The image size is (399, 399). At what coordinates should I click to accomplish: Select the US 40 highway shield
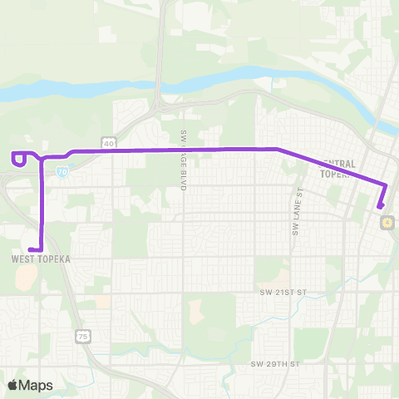(109, 143)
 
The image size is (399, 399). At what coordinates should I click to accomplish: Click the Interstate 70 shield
(63, 170)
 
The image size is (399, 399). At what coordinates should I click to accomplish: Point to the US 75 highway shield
(81, 312)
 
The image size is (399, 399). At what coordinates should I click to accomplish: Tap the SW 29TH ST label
(273, 364)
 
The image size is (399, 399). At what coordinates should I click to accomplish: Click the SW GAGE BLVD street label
(182, 161)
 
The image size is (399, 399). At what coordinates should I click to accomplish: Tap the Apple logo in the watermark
(13, 386)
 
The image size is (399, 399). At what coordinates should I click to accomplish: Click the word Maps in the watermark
(37, 386)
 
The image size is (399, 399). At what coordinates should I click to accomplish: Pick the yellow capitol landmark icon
(387, 222)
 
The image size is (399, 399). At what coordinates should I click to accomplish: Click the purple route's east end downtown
(380, 206)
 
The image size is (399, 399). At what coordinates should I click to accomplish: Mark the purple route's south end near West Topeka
(31, 249)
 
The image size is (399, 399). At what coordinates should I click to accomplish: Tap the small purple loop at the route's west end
(17, 157)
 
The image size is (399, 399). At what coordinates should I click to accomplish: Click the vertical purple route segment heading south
(42, 204)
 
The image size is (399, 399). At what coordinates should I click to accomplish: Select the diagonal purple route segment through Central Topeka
(332, 167)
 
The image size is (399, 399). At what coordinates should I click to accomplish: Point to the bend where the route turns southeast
(277, 150)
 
